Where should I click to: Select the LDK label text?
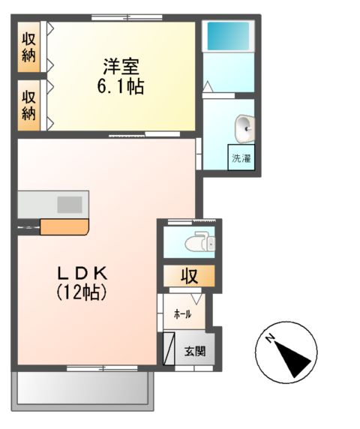tap(81, 273)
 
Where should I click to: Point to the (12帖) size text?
tap(81, 292)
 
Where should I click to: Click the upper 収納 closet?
tap(29, 47)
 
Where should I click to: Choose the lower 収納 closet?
tap(29, 104)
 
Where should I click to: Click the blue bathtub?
tap(228, 35)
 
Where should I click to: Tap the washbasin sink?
tap(244, 128)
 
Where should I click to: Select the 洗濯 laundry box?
tap(241, 159)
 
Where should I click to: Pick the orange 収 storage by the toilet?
tap(188, 276)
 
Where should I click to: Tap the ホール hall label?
tap(182, 314)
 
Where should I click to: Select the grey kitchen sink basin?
tap(70, 203)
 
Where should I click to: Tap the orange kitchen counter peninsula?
tap(64, 226)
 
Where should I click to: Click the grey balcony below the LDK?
tap(83, 388)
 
